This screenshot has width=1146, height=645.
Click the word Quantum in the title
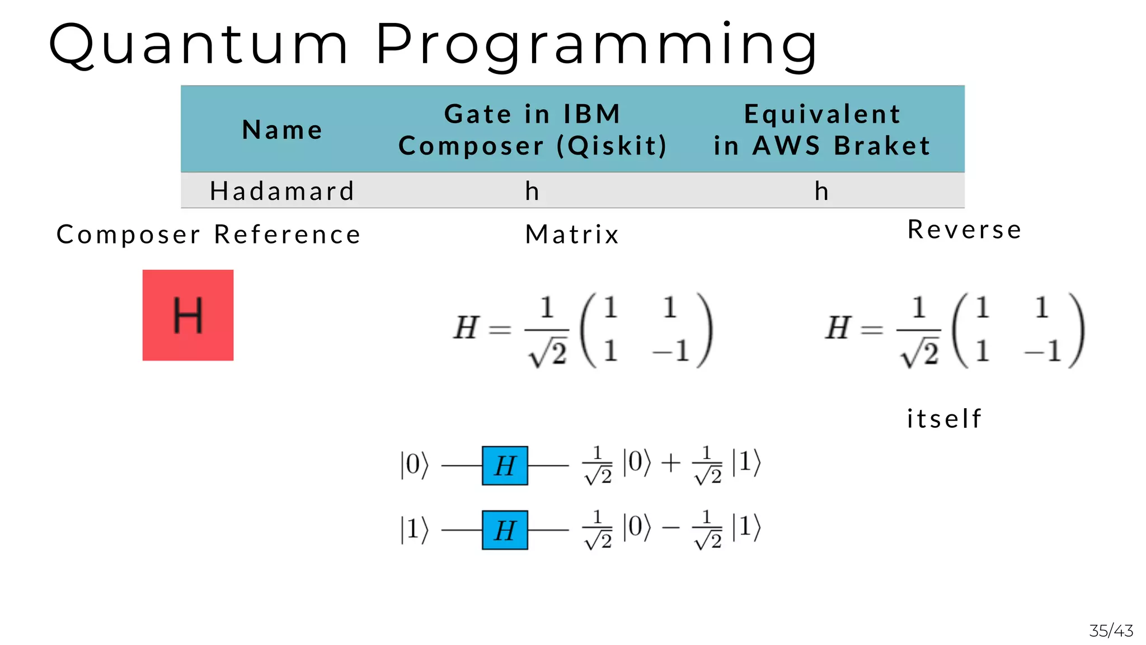tap(199, 45)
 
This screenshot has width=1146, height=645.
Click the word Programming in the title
tap(597, 45)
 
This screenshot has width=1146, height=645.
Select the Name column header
tap(282, 130)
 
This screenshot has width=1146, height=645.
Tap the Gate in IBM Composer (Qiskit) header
tap(532, 130)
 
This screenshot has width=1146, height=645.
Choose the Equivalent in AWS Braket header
tap(821, 130)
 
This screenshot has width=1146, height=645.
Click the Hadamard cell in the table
tap(282, 191)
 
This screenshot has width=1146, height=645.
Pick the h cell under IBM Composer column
tap(532, 191)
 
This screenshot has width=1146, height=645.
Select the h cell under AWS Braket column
tap(821, 191)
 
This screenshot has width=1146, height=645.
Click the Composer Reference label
tap(209, 234)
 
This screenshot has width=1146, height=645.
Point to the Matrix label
tap(572, 234)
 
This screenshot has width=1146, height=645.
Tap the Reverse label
tap(964, 230)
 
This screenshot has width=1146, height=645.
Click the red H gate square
tap(188, 315)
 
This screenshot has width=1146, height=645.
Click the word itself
tap(944, 418)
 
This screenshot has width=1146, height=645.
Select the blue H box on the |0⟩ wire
tap(505, 465)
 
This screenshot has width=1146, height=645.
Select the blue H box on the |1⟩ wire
tap(505, 530)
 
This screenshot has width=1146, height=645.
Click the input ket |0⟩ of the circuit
tap(414, 465)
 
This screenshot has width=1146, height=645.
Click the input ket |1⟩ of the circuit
tap(414, 529)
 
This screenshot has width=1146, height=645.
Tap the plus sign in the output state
tap(671, 464)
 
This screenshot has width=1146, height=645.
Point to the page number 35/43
tap(1111, 631)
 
